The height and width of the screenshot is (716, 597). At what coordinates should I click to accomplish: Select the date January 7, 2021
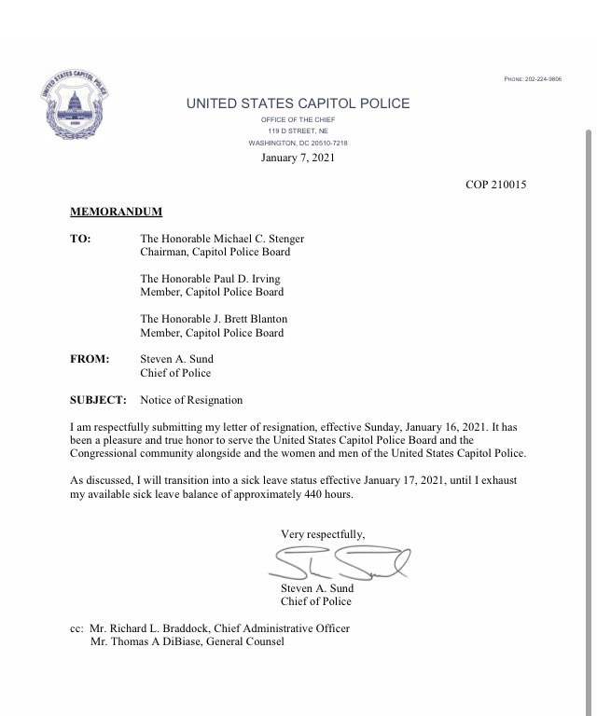tap(298, 158)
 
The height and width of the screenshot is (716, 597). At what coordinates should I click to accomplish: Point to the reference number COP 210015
tap(496, 186)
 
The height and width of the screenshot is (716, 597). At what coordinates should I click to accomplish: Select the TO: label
tap(80, 239)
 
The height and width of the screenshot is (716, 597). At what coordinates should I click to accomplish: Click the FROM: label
tap(90, 359)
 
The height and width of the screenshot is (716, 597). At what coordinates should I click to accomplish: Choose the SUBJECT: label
tap(98, 400)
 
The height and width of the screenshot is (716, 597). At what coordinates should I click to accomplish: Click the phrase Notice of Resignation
tap(191, 400)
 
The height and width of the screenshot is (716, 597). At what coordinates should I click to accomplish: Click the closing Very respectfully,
tap(323, 533)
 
